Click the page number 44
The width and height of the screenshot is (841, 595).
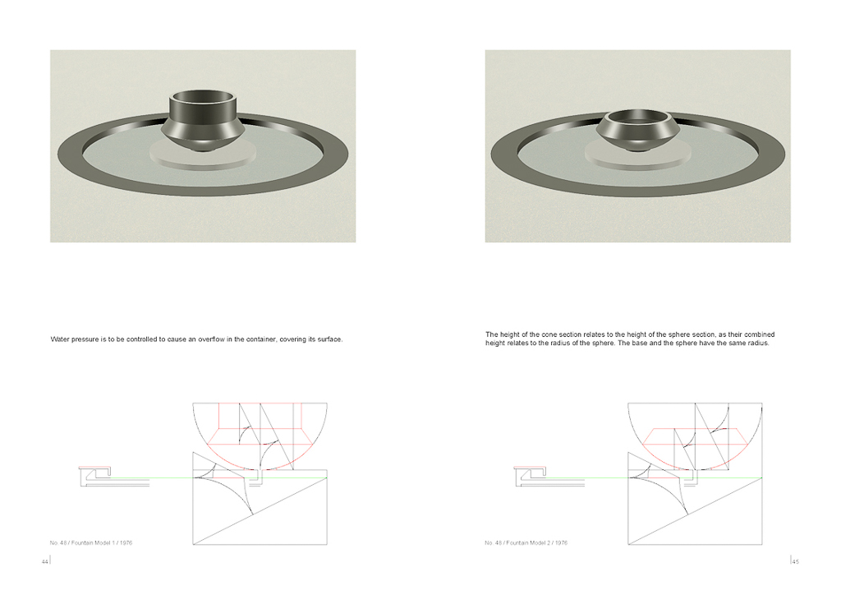coord(44,562)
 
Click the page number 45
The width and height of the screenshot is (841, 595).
coord(795,562)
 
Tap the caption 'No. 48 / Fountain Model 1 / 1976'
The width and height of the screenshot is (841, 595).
coord(91,543)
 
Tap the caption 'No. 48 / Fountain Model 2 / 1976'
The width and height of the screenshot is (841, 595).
coord(526,543)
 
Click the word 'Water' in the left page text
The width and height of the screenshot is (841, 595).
coord(59,339)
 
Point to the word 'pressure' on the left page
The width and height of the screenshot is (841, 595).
coord(85,339)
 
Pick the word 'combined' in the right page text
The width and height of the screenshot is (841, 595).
coord(761,334)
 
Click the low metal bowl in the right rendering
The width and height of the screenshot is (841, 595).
coord(637,130)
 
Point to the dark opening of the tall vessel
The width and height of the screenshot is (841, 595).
coord(203,97)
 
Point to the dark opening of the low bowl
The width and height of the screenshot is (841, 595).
coord(637,117)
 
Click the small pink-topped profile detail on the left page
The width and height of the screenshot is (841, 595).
coord(95,472)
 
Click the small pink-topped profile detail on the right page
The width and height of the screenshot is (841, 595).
coord(530,472)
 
